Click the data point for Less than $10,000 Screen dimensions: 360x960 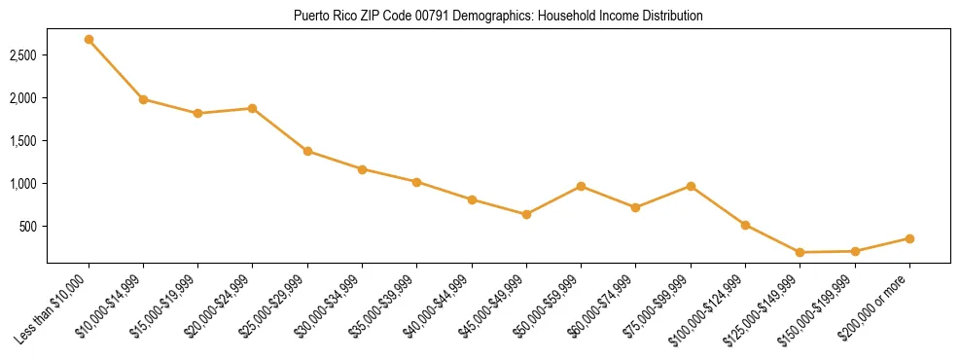89,40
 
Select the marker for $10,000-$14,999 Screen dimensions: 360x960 143,99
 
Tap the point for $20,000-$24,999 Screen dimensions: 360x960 253,108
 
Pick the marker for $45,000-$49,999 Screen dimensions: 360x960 526,214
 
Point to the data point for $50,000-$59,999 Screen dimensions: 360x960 581,186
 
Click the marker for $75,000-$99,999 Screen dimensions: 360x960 691,186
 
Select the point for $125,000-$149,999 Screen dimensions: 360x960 800,252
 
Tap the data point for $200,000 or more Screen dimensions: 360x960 909,238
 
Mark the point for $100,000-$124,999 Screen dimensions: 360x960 745,225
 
